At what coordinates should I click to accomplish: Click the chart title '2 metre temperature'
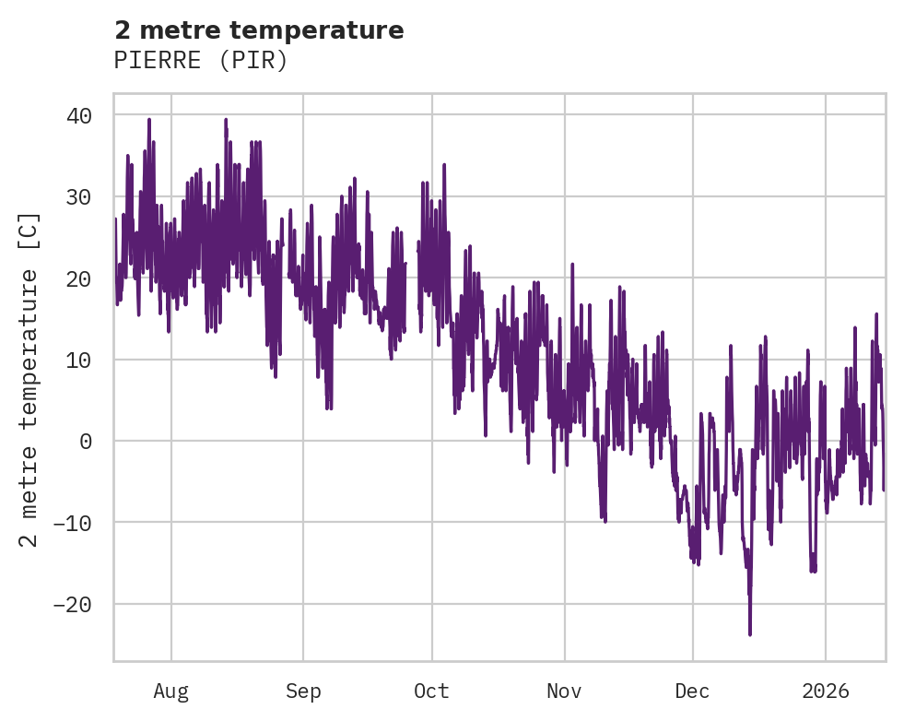259,30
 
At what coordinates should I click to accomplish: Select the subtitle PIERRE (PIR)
201,60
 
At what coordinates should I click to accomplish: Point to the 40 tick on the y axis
78,115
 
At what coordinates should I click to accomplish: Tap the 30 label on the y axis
78,196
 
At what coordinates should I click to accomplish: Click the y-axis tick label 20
78,278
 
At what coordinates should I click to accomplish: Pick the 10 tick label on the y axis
78,360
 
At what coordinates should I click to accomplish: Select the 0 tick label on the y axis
86,441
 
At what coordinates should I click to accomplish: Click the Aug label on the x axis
170,691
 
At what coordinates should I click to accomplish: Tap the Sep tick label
303,691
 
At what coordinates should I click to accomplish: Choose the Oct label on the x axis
431,691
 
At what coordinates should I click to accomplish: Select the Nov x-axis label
564,691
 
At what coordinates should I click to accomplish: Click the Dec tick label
692,691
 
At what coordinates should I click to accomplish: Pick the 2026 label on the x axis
825,691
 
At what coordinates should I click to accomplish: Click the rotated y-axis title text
30,378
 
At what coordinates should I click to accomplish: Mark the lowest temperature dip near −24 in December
750,633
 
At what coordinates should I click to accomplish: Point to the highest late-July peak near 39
148,120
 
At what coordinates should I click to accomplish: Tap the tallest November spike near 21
572,265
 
